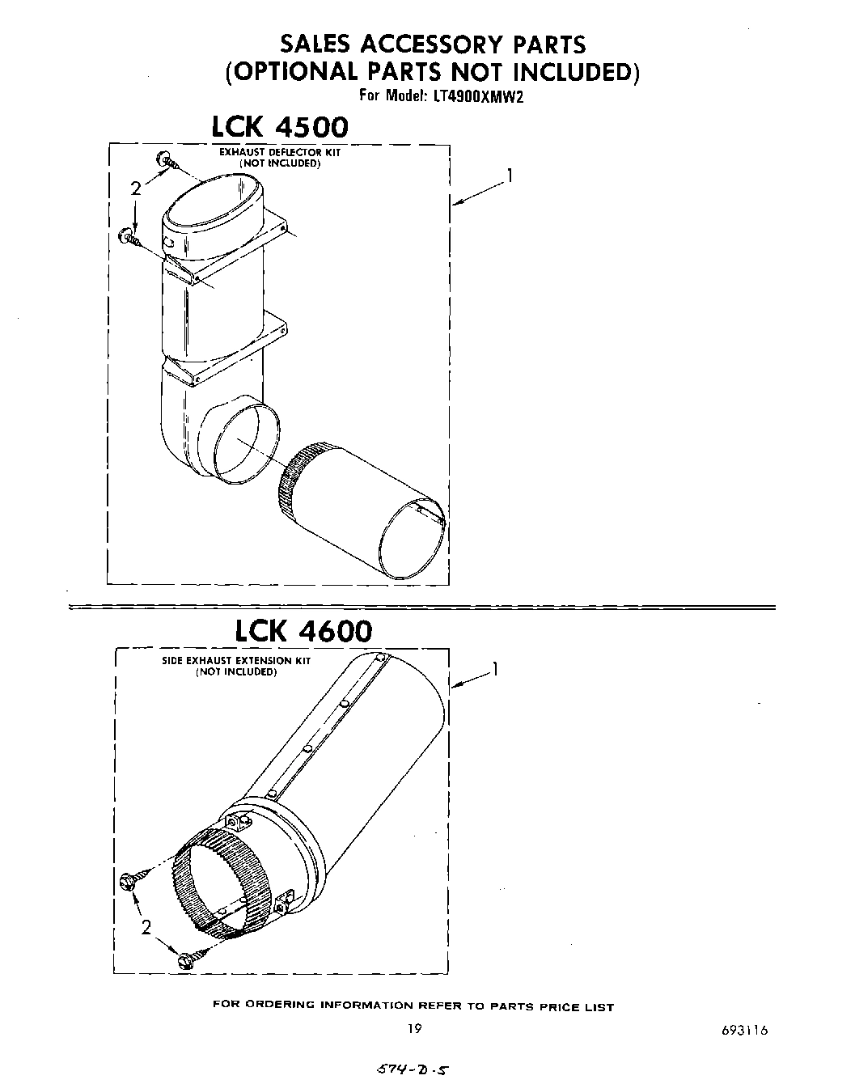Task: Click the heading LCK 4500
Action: click(280, 128)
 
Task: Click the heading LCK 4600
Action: click(303, 630)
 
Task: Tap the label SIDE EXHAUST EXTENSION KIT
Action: click(235, 661)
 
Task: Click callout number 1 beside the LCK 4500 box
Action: click(509, 175)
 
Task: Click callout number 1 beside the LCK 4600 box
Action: click(494, 669)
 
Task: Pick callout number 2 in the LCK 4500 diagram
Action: click(135, 188)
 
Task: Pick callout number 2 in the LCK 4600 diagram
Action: click(146, 928)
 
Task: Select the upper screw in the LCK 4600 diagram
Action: click(130, 879)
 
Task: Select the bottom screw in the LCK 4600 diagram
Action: click(184, 960)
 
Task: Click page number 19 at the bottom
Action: click(415, 1030)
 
